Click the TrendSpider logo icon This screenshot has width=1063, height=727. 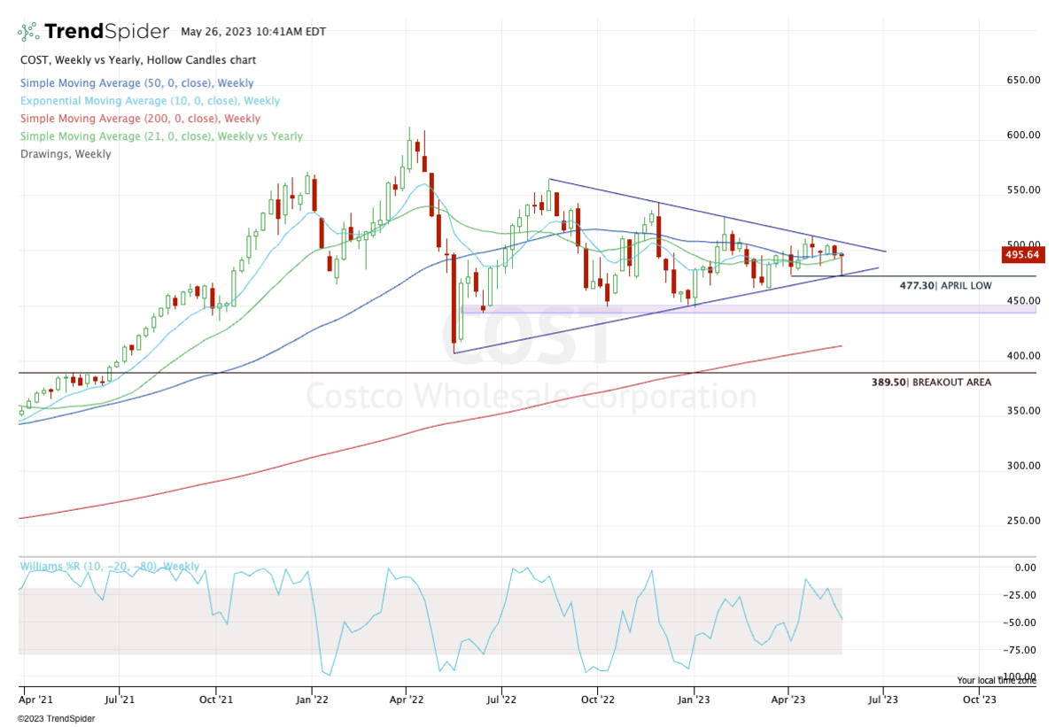[28, 32]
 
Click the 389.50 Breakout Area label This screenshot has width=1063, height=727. [931, 383]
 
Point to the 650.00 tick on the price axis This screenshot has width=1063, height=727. [1021, 81]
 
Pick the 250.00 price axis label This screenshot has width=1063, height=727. [1021, 521]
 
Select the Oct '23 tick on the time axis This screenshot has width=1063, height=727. [978, 698]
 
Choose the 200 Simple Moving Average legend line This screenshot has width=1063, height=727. [140, 119]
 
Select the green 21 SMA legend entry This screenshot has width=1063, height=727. [161, 136]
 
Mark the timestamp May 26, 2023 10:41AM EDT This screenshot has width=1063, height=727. [253, 32]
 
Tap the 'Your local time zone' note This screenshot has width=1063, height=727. [995, 680]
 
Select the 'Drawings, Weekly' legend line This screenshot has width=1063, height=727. [66, 154]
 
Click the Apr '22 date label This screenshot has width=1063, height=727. [406, 698]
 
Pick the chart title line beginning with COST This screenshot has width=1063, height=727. [138, 60]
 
